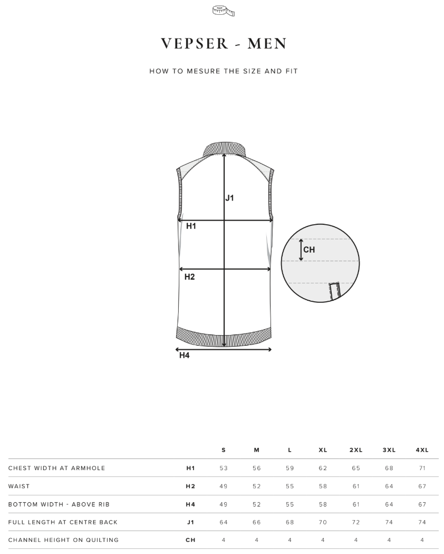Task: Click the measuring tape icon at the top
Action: point(224,11)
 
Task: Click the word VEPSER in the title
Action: point(195,43)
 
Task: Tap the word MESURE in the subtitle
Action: point(204,71)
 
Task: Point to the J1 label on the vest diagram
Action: point(229,198)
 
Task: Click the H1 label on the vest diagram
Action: point(191,226)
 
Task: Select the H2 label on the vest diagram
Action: point(190,276)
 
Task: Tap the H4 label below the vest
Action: point(185,356)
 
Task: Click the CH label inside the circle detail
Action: point(309,250)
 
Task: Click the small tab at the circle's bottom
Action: point(334,291)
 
